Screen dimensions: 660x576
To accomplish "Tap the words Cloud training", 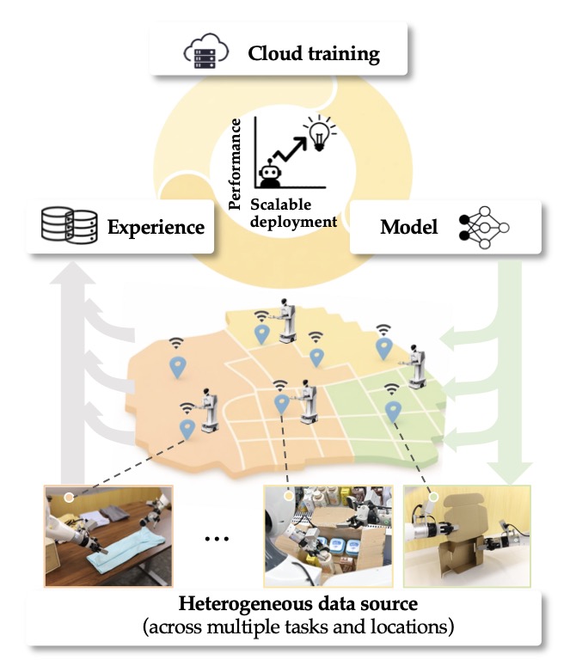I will coord(314,54).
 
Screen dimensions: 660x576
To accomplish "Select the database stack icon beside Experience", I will coord(66,227).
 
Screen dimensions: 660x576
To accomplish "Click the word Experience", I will coord(156,228).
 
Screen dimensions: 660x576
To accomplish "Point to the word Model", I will coord(410,227).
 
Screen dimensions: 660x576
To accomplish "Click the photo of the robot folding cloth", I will coord(108,534).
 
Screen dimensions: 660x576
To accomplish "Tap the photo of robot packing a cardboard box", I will coord(327,534).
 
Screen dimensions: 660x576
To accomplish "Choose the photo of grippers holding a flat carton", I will coord(466,534).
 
